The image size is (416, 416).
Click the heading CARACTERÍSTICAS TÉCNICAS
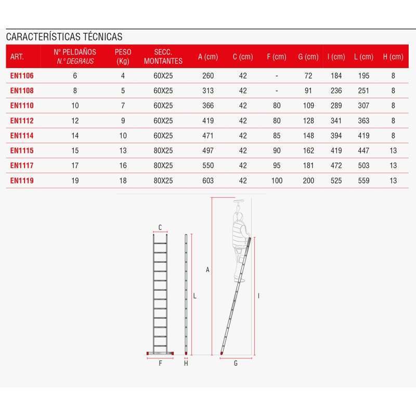point(64,37)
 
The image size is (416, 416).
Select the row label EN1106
point(22,75)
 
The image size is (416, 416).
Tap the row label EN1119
point(22,180)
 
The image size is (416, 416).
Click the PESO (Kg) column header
point(123,57)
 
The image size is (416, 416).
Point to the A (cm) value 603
point(207,180)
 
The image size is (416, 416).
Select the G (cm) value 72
point(308,75)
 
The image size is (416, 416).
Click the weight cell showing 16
point(123,165)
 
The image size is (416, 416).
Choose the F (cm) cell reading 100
point(277,180)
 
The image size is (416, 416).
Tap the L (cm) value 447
point(363,151)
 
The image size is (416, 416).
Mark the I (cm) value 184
point(336,75)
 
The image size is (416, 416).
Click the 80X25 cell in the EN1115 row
point(163,151)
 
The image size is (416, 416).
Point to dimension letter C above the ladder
point(160,227)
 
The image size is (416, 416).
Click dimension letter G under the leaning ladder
point(236,363)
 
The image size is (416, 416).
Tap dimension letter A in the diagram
point(207,270)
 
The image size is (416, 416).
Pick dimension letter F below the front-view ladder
point(160,363)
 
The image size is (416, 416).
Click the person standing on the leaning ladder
point(240,234)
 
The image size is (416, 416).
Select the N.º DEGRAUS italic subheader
point(75,61)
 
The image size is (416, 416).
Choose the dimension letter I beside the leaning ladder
point(258,295)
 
